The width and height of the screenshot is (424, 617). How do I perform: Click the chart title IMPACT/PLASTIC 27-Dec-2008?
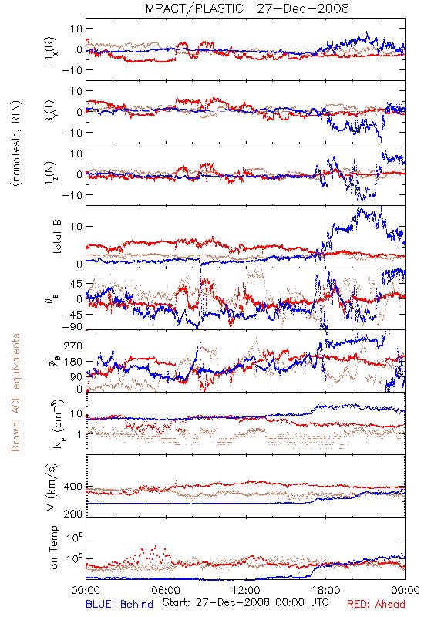(x=245, y=8)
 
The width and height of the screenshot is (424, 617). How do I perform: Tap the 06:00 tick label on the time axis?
(x=166, y=590)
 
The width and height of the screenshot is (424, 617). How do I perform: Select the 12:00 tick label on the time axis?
(x=246, y=590)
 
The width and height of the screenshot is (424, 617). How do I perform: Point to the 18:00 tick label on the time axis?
(x=326, y=590)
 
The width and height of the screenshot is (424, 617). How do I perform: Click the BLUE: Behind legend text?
(x=119, y=605)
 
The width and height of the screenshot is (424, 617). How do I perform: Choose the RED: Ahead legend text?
(x=376, y=605)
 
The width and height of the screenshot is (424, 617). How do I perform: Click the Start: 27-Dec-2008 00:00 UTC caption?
(x=246, y=602)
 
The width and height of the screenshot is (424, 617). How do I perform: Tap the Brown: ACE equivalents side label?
(x=15, y=393)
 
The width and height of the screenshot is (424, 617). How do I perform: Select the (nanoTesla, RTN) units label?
(x=16, y=143)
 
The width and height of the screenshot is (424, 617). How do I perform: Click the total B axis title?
(x=57, y=237)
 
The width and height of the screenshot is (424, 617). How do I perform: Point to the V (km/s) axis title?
(x=52, y=487)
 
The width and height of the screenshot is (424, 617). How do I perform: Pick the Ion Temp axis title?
(x=53, y=548)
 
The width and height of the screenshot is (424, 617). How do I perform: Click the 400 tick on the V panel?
(x=73, y=487)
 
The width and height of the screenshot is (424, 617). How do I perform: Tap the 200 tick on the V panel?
(x=73, y=514)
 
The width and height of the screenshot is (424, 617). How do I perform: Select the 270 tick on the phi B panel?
(x=73, y=346)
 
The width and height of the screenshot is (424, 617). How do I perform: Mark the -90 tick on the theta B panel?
(x=72, y=326)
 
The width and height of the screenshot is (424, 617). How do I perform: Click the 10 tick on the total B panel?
(x=76, y=227)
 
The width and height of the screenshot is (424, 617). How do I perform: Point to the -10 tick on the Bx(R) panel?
(x=72, y=70)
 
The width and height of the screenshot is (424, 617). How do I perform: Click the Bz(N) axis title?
(x=50, y=174)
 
